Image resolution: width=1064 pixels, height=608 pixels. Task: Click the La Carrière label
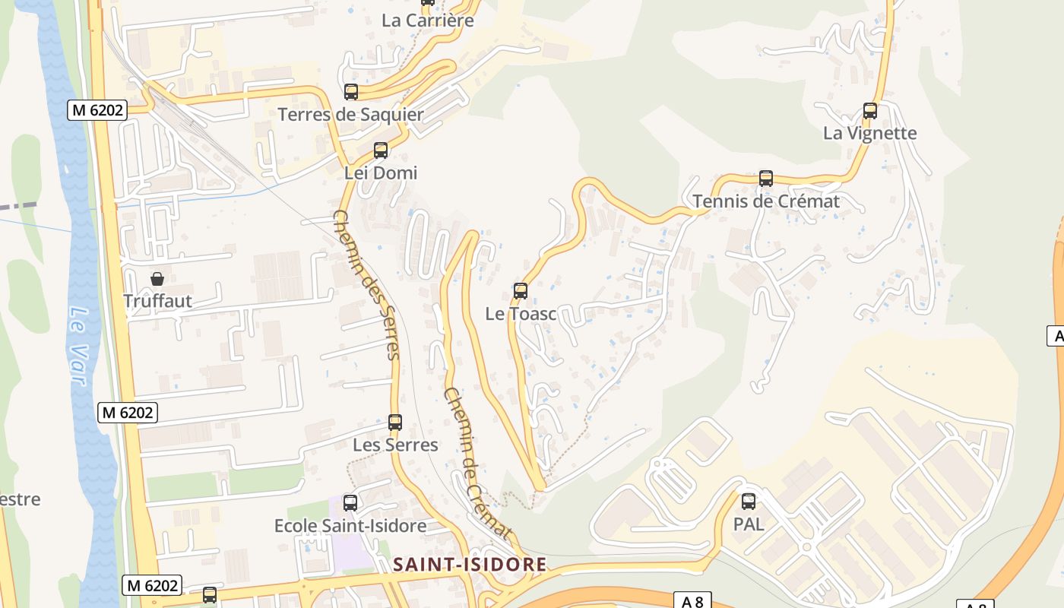pos(428,21)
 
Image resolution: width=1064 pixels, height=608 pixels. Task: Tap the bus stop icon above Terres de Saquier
pos(351,92)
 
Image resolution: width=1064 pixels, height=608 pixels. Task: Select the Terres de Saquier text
pos(351,115)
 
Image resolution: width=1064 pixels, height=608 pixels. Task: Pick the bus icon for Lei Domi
pos(381,150)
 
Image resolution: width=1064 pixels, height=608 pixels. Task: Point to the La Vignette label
pos(869,133)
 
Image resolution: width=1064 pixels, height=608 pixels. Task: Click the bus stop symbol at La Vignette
pos(870,111)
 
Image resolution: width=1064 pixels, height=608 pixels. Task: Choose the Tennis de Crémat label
pos(766,201)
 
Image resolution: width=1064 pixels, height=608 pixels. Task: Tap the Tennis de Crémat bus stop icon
pos(766,179)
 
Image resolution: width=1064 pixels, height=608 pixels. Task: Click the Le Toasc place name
pos(521,313)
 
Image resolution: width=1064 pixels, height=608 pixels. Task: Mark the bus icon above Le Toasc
pos(521,290)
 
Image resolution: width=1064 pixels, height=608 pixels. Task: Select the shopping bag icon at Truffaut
pos(157,279)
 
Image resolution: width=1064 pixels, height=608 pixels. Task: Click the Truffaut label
pos(157,301)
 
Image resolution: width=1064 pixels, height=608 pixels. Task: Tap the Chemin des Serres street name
pos(366,284)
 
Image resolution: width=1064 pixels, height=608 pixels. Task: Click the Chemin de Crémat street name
pos(477,464)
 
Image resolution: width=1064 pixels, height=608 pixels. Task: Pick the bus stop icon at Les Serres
pos(395,423)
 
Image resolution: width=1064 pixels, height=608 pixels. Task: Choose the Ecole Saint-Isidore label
pos(350,526)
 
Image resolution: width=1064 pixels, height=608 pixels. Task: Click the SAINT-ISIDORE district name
pos(470,564)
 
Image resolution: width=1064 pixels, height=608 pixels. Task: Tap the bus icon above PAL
pos(749,502)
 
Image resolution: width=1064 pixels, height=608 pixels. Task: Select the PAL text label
pos(749,524)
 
